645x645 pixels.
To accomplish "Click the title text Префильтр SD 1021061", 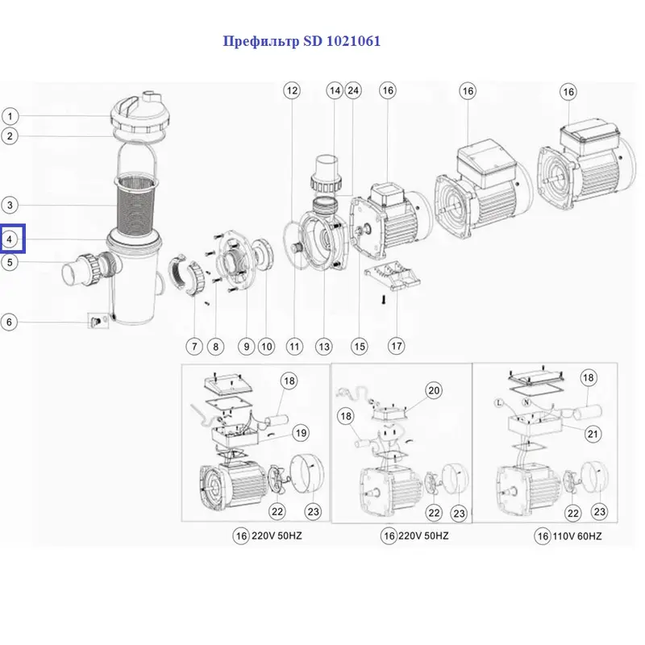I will click(301, 41).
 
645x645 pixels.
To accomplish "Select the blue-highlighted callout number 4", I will click(11, 239).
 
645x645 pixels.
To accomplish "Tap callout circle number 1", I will click(10, 116).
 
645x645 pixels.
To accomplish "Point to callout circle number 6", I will click(10, 322).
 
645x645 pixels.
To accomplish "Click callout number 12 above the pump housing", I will click(291, 91).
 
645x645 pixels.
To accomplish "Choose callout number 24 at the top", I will click(352, 91).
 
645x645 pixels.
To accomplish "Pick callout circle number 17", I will click(396, 347).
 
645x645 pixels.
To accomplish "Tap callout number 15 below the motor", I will click(359, 347).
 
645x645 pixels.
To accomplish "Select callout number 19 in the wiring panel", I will click(300, 433).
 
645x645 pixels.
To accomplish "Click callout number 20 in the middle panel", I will click(434, 391).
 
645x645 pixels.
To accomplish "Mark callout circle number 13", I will click(323, 347).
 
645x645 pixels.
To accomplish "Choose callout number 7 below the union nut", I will click(193, 347).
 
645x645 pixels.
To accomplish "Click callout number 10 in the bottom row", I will click(266, 347).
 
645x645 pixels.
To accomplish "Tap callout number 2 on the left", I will click(10, 136).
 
